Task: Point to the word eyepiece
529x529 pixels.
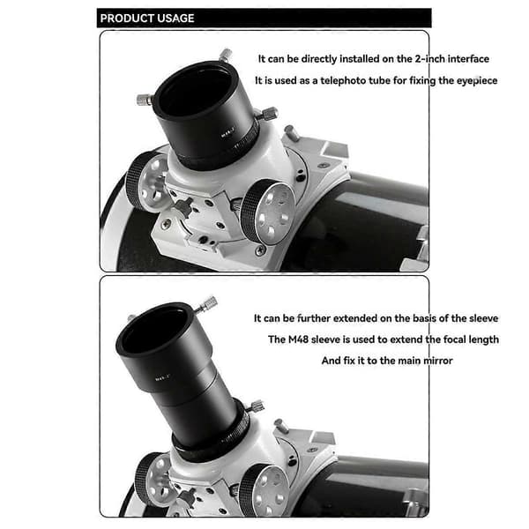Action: coord(477,81)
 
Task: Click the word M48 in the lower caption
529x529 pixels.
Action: coord(298,339)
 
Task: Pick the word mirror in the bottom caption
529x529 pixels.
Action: coord(438,361)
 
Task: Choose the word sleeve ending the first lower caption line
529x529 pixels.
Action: coord(481,318)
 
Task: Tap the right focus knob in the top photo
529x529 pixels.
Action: coord(267,212)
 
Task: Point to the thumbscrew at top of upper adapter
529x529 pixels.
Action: coord(226,55)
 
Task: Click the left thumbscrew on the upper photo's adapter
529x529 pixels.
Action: coord(145,100)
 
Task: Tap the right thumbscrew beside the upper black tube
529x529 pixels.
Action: coord(268,114)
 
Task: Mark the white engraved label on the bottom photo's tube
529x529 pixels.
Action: coord(162,378)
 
